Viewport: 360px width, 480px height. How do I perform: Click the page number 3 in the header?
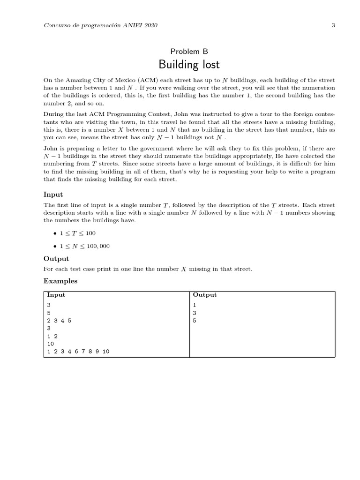pyautogui.click(x=333, y=25)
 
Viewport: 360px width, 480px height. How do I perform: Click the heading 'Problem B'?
pyautogui.click(x=189, y=52)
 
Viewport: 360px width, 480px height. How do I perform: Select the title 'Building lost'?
pyautogui.click(x=189, y=64)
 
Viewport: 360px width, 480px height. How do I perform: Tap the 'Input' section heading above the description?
pyautogui.click(x=53, y=195)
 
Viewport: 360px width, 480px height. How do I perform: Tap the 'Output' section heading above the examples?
pyautogui.click(x=56, y=259)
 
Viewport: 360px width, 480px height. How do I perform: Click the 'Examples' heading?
pyautogui.click(x=60, y=281)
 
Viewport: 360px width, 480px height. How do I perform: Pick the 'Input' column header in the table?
pyautogui.click(x=56, y=295)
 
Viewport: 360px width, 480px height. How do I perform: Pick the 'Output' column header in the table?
pyautogui.click(x=205, y=295)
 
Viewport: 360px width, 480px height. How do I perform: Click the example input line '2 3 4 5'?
pyautogui.click(x=60, y=321)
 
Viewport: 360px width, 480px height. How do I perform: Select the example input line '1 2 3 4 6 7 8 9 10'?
pyautogui.click(x=78, y=351)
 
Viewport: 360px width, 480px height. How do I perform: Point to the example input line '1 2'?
pyautogui.click(x=52, y=336)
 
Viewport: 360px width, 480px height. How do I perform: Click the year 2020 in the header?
pyautogui.click(x=150, y=25)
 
